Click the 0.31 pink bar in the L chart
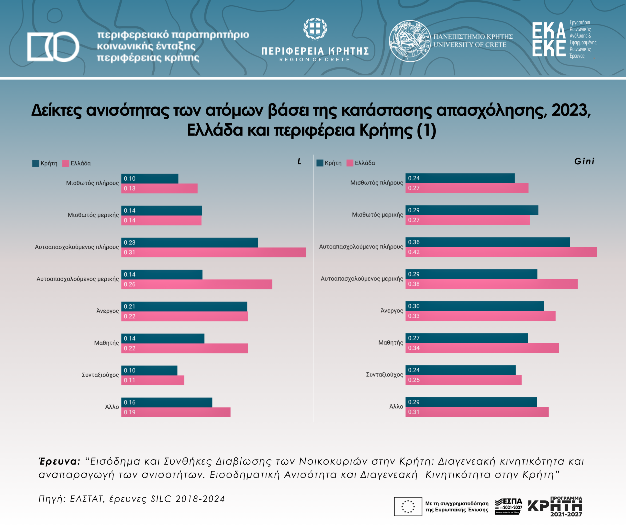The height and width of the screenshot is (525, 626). (213, 252)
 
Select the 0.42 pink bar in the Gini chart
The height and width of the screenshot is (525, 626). (501, 252)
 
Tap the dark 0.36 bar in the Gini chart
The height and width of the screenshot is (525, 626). (487, 242)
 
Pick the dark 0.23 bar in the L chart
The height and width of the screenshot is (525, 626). (190, 242)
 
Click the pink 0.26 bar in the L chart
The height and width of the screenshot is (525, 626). (197, 284)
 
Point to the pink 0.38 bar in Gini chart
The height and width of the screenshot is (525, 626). (491, 284)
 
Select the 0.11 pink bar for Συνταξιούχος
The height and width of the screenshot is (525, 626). (153, 380)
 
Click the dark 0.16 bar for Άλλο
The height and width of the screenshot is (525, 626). (167, 402)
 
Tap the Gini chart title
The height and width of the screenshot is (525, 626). (584, 161)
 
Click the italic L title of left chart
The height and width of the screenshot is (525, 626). (299, 161)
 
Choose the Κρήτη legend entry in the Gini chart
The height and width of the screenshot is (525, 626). (329, 163)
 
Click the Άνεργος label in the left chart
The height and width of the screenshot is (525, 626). (108, 311)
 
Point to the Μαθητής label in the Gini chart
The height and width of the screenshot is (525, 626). (391, 342)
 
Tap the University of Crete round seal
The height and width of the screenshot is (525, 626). (410, 41)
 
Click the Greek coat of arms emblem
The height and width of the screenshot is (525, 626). (315, 29)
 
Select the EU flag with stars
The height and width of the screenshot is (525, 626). (408, 506)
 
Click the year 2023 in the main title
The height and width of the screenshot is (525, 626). (570, 110)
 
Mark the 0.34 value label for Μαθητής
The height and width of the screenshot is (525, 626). (414, 348)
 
